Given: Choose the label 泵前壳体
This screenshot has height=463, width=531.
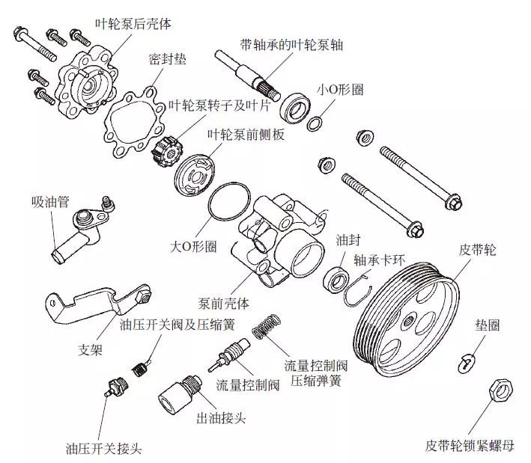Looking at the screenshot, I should coord(223,305).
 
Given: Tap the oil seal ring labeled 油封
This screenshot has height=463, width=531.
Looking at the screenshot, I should coord(336,281).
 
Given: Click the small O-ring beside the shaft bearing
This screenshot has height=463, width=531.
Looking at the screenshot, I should coord(317,122).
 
